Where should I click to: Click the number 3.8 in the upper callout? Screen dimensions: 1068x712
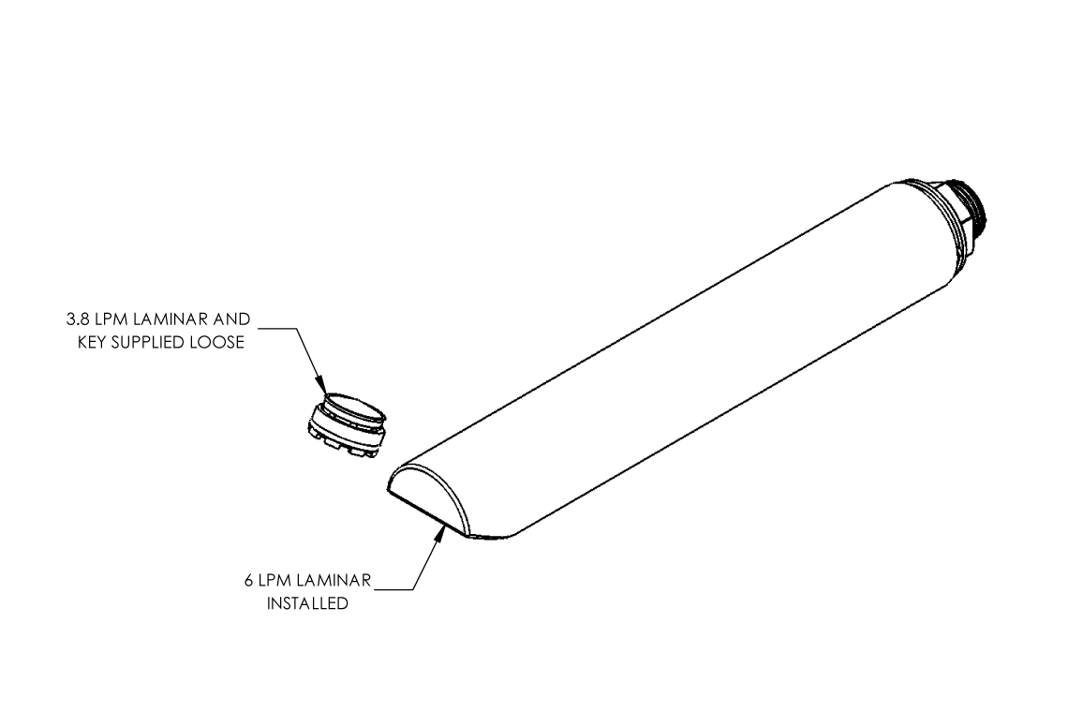click(78, 319)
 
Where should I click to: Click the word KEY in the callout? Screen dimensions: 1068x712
click(92, 342)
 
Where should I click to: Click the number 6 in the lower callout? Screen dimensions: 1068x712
click(248, 581)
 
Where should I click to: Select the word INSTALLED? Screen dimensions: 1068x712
click(307, 603)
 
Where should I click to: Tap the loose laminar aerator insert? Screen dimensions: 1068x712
click(347, 426)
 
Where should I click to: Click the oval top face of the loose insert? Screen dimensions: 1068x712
click(354, 408)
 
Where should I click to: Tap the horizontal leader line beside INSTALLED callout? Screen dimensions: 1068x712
click(394, 589)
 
